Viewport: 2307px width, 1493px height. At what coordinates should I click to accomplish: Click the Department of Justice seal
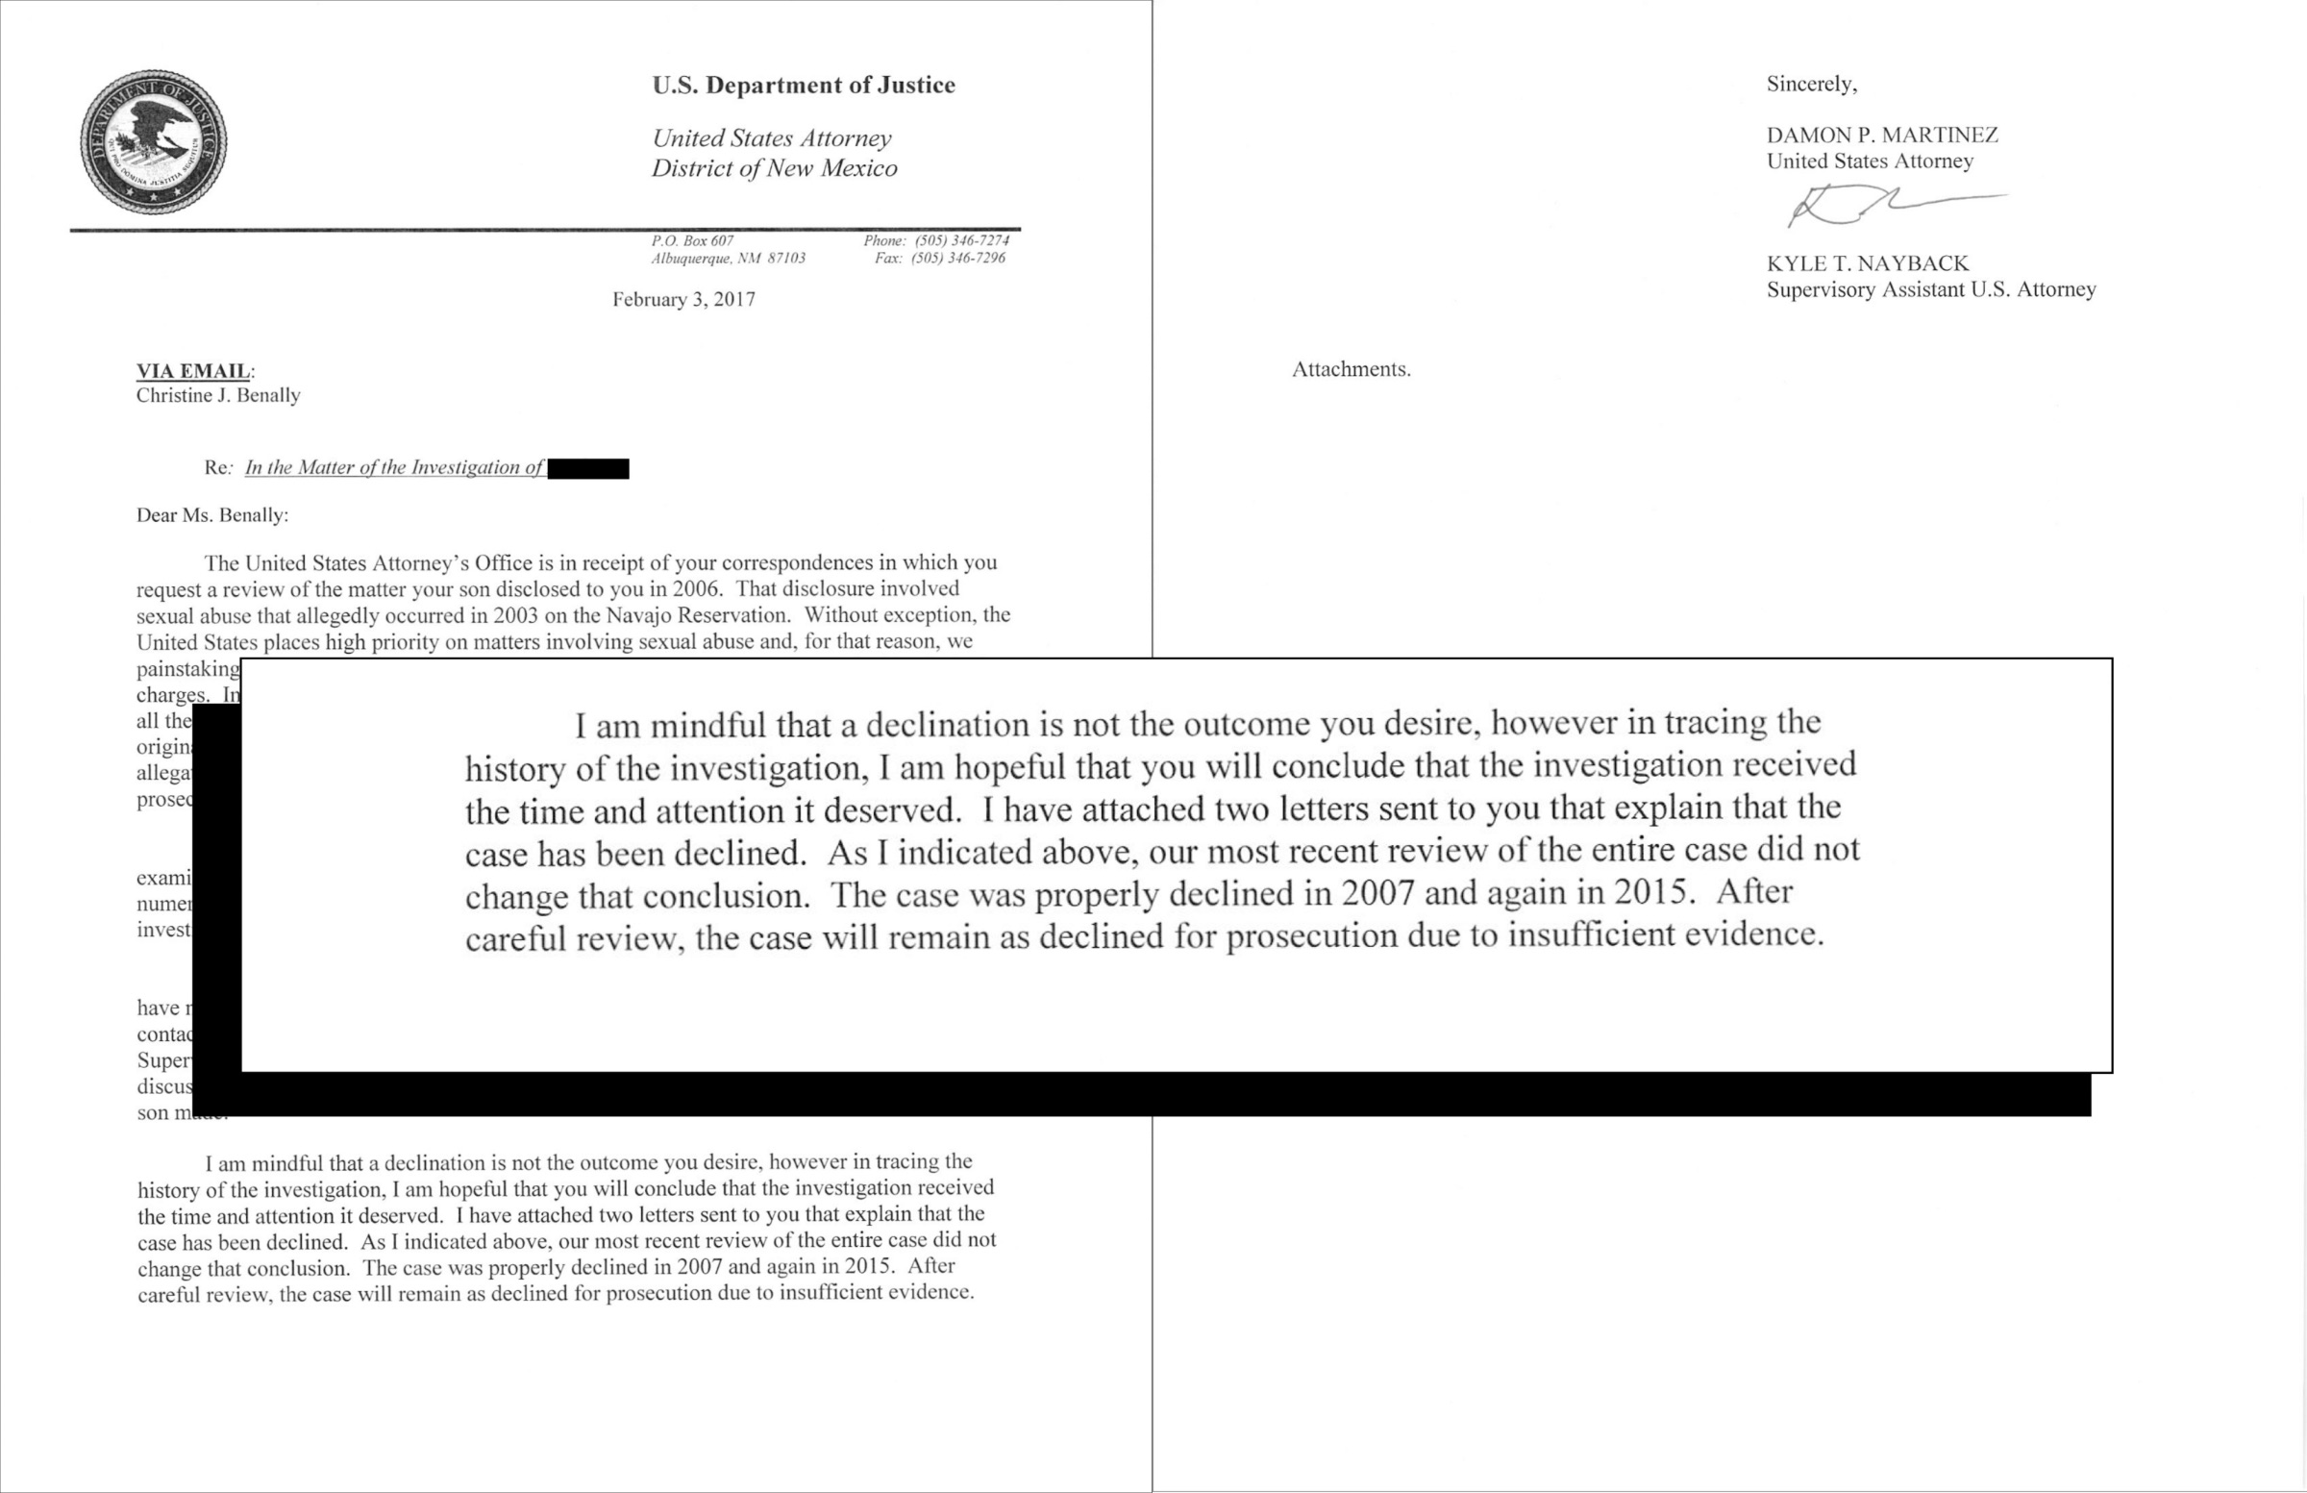[x=153, y=142]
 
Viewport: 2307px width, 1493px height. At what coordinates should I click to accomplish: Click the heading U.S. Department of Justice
[x=804, y=86]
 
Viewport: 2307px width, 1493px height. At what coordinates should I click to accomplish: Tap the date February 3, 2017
[x=683, y=300]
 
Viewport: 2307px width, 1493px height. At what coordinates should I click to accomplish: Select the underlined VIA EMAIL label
[x=194, y=370]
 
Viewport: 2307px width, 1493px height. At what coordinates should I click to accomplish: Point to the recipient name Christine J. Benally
[x=218, y=395]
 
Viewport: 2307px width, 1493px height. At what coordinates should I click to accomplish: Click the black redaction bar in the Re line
[x=588, y=469]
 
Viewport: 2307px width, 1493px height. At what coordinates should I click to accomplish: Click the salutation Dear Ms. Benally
[x=212, y=515]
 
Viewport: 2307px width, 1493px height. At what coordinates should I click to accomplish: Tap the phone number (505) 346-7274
[x=961, y=240]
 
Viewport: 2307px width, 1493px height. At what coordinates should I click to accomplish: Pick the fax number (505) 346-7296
[x=957, y=258]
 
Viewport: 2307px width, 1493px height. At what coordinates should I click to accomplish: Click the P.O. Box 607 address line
[x=692, y=240]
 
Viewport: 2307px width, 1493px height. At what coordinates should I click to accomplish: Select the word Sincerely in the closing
[x=1811, y=85]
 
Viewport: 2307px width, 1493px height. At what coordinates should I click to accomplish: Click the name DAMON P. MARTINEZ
[x=1881, y=135]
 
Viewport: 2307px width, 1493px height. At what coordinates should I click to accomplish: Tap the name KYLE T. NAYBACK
[x=1867, y=263]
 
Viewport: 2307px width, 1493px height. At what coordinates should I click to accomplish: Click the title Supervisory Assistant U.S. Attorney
[x=1931, y=290]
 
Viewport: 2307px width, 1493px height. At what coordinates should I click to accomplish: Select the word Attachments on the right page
[x=1351, y=369]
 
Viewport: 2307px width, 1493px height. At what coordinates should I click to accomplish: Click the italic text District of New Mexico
[x=774, y=168]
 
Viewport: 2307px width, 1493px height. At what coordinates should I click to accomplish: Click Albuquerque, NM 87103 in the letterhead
[x=728, y=259]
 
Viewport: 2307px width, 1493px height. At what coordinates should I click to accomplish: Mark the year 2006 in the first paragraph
[x=697, y=589]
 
